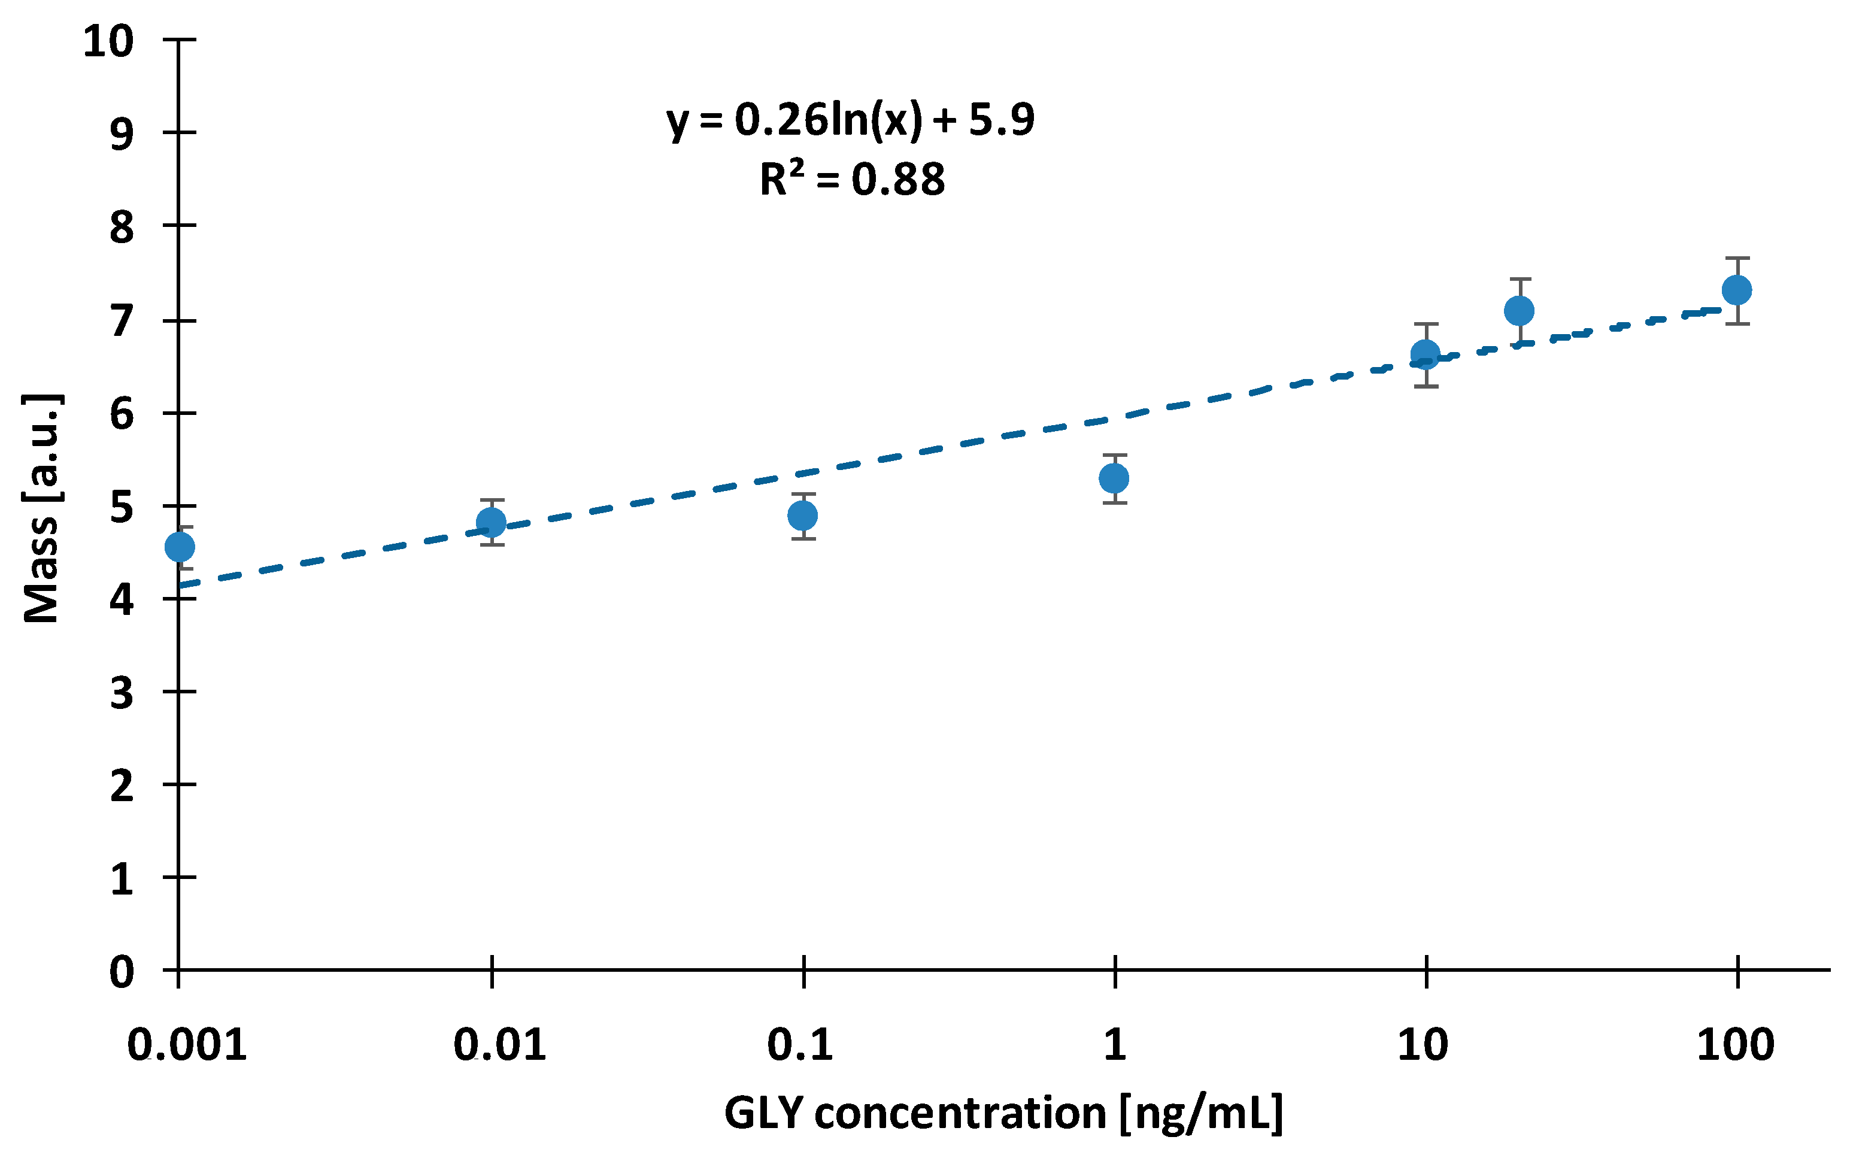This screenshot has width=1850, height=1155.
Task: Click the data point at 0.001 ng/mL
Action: (x=180, y=547)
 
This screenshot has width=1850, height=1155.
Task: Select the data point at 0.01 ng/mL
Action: (x=491, y=523)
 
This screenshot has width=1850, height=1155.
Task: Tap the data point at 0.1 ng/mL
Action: (x=803, y=516)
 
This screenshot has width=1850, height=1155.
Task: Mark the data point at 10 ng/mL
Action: (x=1426, y=354)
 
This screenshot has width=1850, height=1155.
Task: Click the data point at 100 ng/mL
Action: (x=1737, y=290)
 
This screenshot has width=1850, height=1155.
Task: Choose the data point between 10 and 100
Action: (x=1520, y=310)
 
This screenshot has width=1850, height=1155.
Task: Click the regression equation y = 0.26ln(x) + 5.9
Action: (x=851, y=120)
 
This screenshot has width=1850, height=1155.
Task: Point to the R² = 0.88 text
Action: (x=853, y=180)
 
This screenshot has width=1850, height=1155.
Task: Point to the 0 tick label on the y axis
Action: (x=122, y=972)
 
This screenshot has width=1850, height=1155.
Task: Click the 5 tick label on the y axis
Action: (x=122, y=507)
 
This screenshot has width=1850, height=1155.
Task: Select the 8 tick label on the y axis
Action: (x=122, y=227)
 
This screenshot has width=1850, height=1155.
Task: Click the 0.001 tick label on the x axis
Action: (x=187, y=1044)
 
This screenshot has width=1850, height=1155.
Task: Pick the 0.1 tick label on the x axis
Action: (x=800, y=1044)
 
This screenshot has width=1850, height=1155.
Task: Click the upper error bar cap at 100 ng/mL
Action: (x=1737, y=258)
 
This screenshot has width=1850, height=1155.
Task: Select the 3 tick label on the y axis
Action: (x=122, y=693)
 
